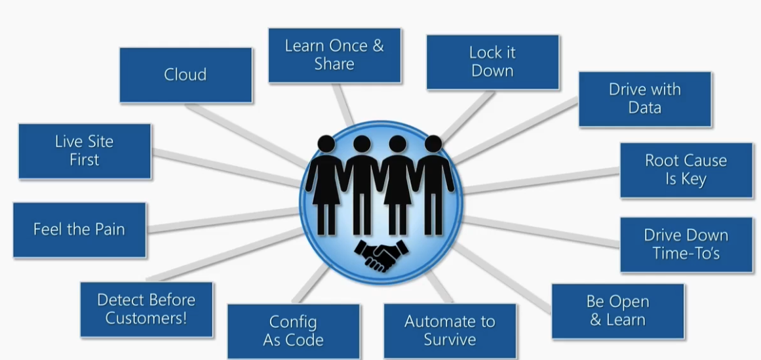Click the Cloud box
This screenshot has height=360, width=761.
point(185,75)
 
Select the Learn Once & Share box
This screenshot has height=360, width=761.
point(334,55)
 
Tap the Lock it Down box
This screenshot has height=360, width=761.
point(492,62)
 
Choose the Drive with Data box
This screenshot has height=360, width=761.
point(644,99)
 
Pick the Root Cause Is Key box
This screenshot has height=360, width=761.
point(686,170)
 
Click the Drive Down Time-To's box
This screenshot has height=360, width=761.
point(686,244)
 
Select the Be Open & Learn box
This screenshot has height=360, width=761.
point(617,311)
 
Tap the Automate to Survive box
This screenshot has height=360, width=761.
point(449,330)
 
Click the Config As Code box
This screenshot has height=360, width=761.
point(293,331)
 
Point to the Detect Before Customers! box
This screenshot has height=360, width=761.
point(146,310)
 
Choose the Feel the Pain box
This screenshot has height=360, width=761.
point(79,230)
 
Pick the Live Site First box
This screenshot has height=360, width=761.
point(84,151)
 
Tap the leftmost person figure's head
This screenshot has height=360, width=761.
point(326,144)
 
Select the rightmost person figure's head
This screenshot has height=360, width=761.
point(433,144)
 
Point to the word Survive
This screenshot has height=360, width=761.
point(449,340)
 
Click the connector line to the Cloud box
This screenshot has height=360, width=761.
point(249,134)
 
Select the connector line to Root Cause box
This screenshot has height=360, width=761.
point(541,181)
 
